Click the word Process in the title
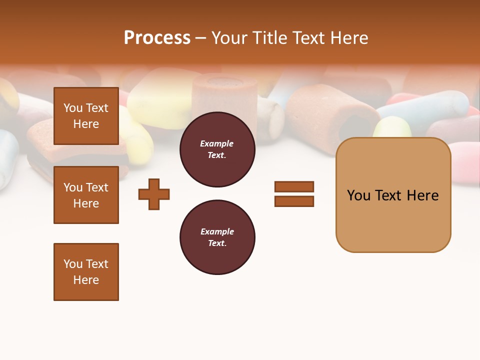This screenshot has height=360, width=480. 157,38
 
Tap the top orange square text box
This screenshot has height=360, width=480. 86,116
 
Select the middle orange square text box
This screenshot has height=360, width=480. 86,195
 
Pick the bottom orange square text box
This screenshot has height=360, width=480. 86,272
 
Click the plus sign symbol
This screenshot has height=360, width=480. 154,194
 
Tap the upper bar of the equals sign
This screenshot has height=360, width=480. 294,186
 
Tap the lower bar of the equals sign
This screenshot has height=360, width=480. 294,201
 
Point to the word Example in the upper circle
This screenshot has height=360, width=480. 217,143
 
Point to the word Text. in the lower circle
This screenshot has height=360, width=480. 217,243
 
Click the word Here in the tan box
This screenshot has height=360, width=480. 422,195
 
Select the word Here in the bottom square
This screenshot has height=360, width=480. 86,280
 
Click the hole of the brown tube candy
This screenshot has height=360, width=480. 354,127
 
